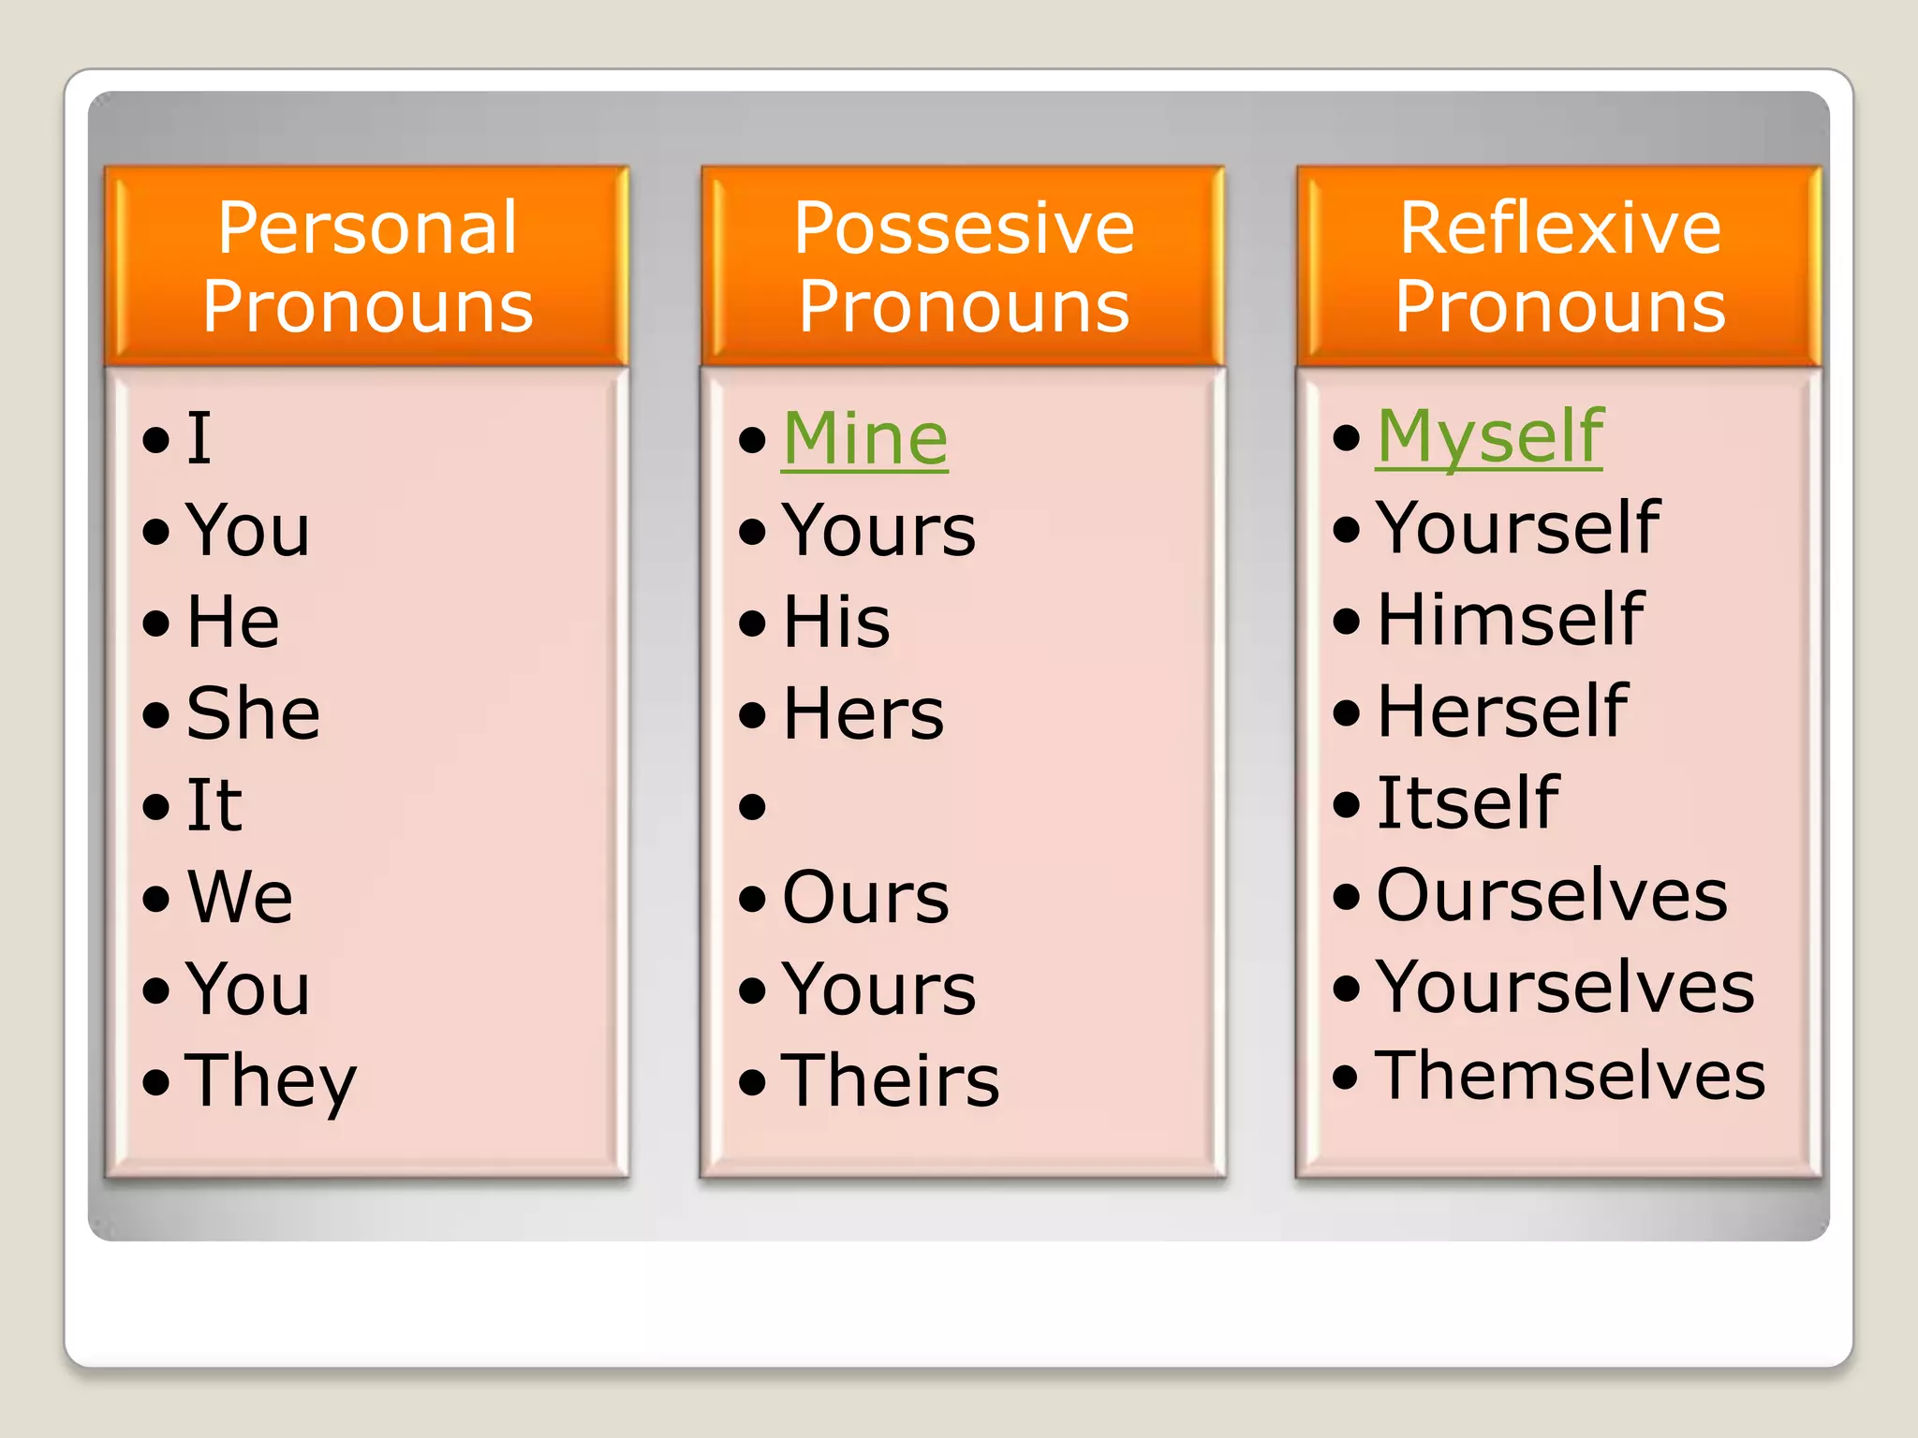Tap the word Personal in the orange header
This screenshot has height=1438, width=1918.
(367, 227)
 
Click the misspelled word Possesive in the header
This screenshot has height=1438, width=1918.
(964, 227)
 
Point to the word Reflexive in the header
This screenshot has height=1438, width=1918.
(1560, 227)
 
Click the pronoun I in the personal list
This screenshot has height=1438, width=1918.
(199, 438)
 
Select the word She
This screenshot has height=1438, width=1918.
(253, 713)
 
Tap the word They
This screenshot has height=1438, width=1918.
(271, 1080)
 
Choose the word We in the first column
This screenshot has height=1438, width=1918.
(240, 897)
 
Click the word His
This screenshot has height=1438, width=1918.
(836, 622)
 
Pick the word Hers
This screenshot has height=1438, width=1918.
(863, 713)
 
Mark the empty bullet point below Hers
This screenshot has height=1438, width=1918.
(753, 806)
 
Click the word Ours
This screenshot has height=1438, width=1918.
(865, 897)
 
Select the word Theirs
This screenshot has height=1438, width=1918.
(890, 1080)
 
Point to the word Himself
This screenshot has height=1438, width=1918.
(1510, 620)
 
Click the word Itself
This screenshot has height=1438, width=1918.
(1468, 803)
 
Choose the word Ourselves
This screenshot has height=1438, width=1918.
(1552, 895)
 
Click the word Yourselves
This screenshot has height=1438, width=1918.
(1565, 987)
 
